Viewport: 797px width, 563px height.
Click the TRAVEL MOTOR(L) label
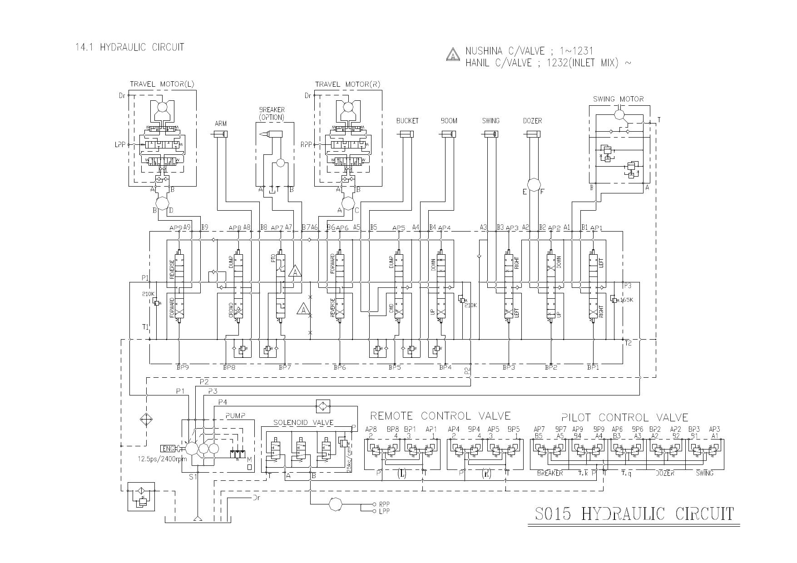tap(162, 84)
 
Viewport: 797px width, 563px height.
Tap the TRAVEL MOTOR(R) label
tap(347, 84)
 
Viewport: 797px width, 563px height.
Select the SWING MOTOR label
tap(618, 99)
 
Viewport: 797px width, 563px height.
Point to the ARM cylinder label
tap(220, 123)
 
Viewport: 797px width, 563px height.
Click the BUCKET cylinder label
tap(407, 121)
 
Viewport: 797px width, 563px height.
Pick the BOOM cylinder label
tap(449, 121)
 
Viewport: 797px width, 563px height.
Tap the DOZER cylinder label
tap(532, 121)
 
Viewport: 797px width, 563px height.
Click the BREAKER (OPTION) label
tap(272, 114)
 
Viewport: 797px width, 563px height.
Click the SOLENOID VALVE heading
tap(303, 423)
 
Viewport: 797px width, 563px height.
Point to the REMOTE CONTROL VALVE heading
tap(440, 416)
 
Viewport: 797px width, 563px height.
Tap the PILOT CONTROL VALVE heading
tap(624, 417)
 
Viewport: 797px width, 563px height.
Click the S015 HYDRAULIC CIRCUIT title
tap(634, 514)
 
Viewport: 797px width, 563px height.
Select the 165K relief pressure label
tap(626, 300)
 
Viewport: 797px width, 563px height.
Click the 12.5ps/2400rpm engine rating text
tap(162, 459)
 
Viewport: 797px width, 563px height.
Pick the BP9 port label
tap(183, 367)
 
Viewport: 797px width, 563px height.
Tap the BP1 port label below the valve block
tap(593, 367)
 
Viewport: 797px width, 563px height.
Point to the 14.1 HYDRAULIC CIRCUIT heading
tap(130, 47)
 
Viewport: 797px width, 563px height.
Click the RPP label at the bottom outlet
tap(384, 504)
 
